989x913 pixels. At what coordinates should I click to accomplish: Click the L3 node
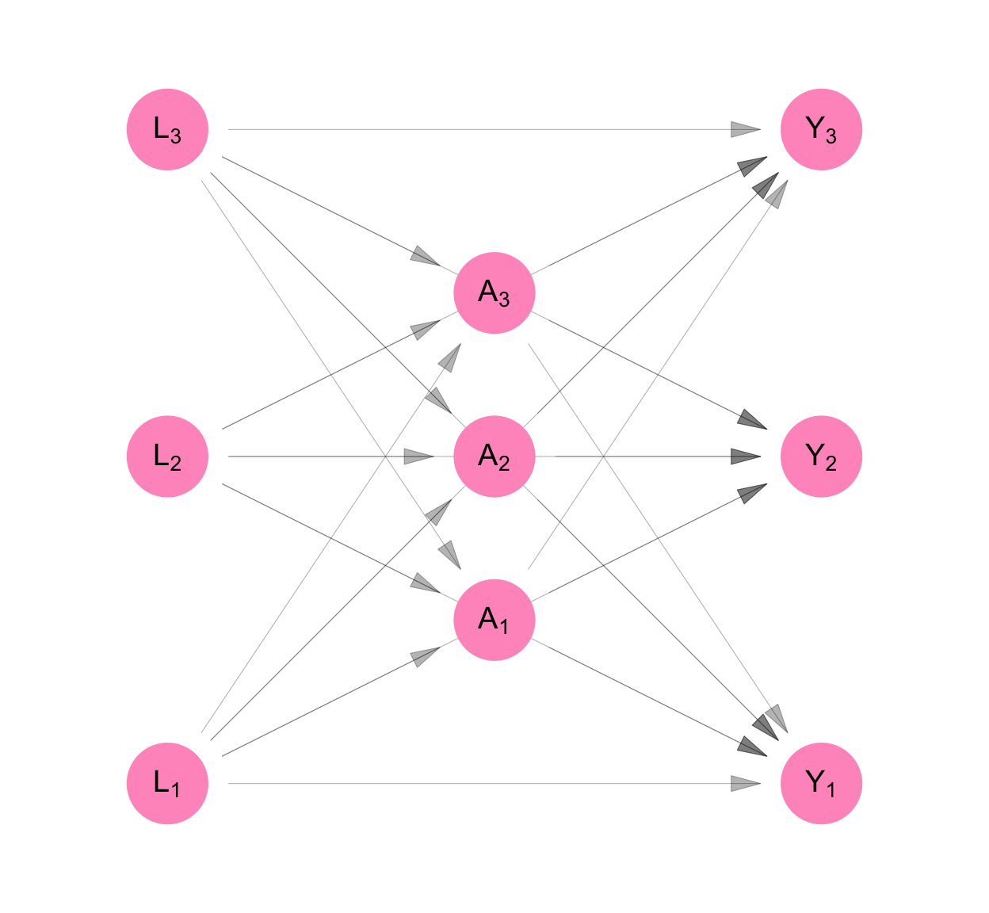coord(167,129)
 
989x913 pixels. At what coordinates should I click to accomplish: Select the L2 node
coord(167,456)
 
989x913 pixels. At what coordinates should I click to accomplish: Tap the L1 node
coord(167,783)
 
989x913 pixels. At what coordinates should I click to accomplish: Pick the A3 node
coord(494,292)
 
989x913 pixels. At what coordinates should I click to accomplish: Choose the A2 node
coord(494,456)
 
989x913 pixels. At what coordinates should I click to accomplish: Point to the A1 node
coord(494,620)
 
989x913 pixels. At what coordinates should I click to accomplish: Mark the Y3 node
coord(821,129)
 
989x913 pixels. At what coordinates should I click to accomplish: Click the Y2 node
coord(821,456)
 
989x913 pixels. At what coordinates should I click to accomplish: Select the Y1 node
coord(821,783)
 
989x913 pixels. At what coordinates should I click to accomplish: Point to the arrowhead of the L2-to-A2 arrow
coord(419,456)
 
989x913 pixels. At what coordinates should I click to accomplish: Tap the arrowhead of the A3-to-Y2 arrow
coord(754,421)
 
